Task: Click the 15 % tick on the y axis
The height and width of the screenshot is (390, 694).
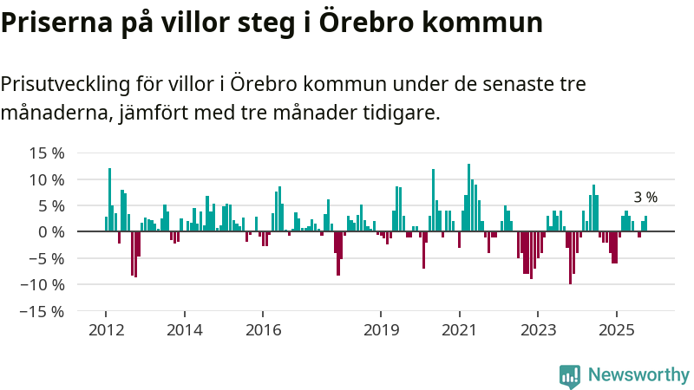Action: [46, 153]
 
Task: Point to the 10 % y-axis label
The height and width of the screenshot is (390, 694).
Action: [46, 179]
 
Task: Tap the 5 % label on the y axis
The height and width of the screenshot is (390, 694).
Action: [50, 205]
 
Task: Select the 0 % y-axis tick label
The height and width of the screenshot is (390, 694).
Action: [50, 232]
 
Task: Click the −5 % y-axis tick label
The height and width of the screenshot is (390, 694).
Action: [47, 258]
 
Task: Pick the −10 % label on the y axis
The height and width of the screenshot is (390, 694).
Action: [43, 284]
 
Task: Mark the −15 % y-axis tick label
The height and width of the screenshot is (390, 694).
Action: [43, 310]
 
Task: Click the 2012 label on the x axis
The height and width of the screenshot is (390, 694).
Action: [106, 329]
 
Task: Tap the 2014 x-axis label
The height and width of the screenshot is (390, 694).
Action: [184, 329]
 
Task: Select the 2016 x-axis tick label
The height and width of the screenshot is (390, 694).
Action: [263, 329]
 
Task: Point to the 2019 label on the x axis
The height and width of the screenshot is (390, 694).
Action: [381, 329]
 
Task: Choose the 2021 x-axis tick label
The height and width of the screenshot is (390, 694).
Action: [459, 329]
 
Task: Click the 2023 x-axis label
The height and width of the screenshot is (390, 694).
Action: [538, 329]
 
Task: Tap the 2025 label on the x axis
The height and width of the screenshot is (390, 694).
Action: [616, 329]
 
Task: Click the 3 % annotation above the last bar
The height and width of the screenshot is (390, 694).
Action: [645, 198]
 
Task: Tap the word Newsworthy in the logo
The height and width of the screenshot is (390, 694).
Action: [638, 375]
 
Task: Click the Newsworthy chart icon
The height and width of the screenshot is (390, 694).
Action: [570, 375]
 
